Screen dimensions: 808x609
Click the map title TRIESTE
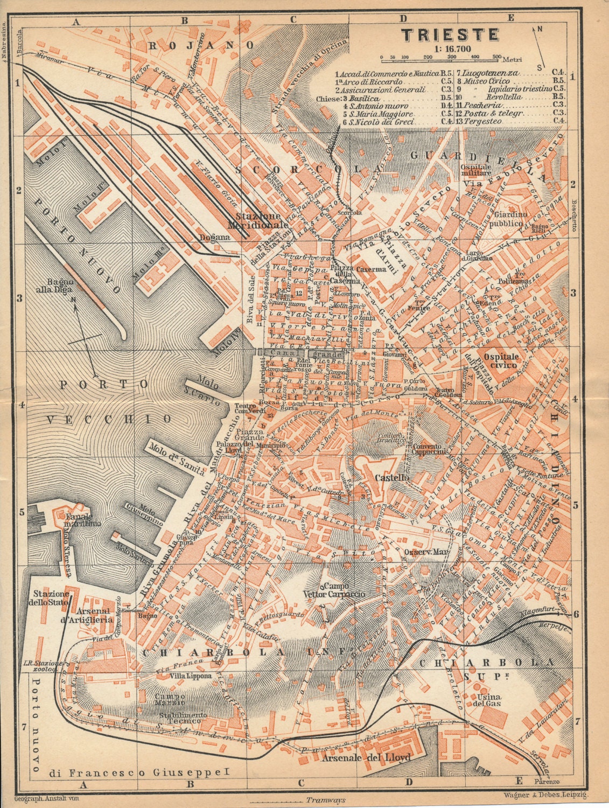pyautogui.click(x=450, y=34)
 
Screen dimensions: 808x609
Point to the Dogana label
pyautogui.click(x=211, y=236)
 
